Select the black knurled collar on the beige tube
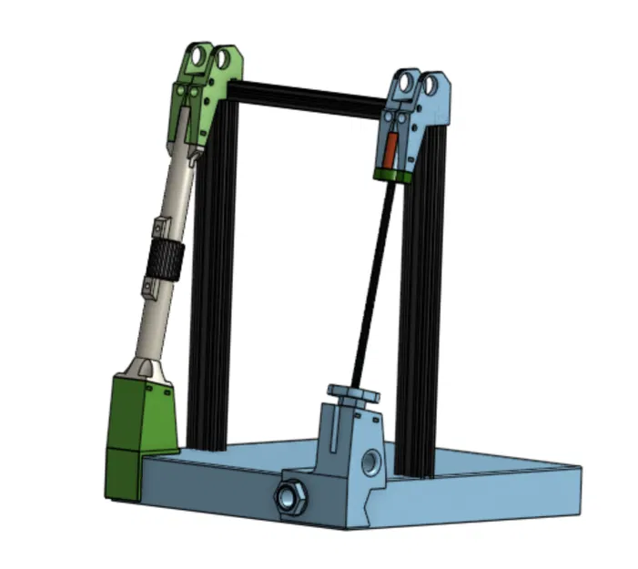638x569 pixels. point(165,262)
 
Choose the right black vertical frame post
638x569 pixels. point(421,319)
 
